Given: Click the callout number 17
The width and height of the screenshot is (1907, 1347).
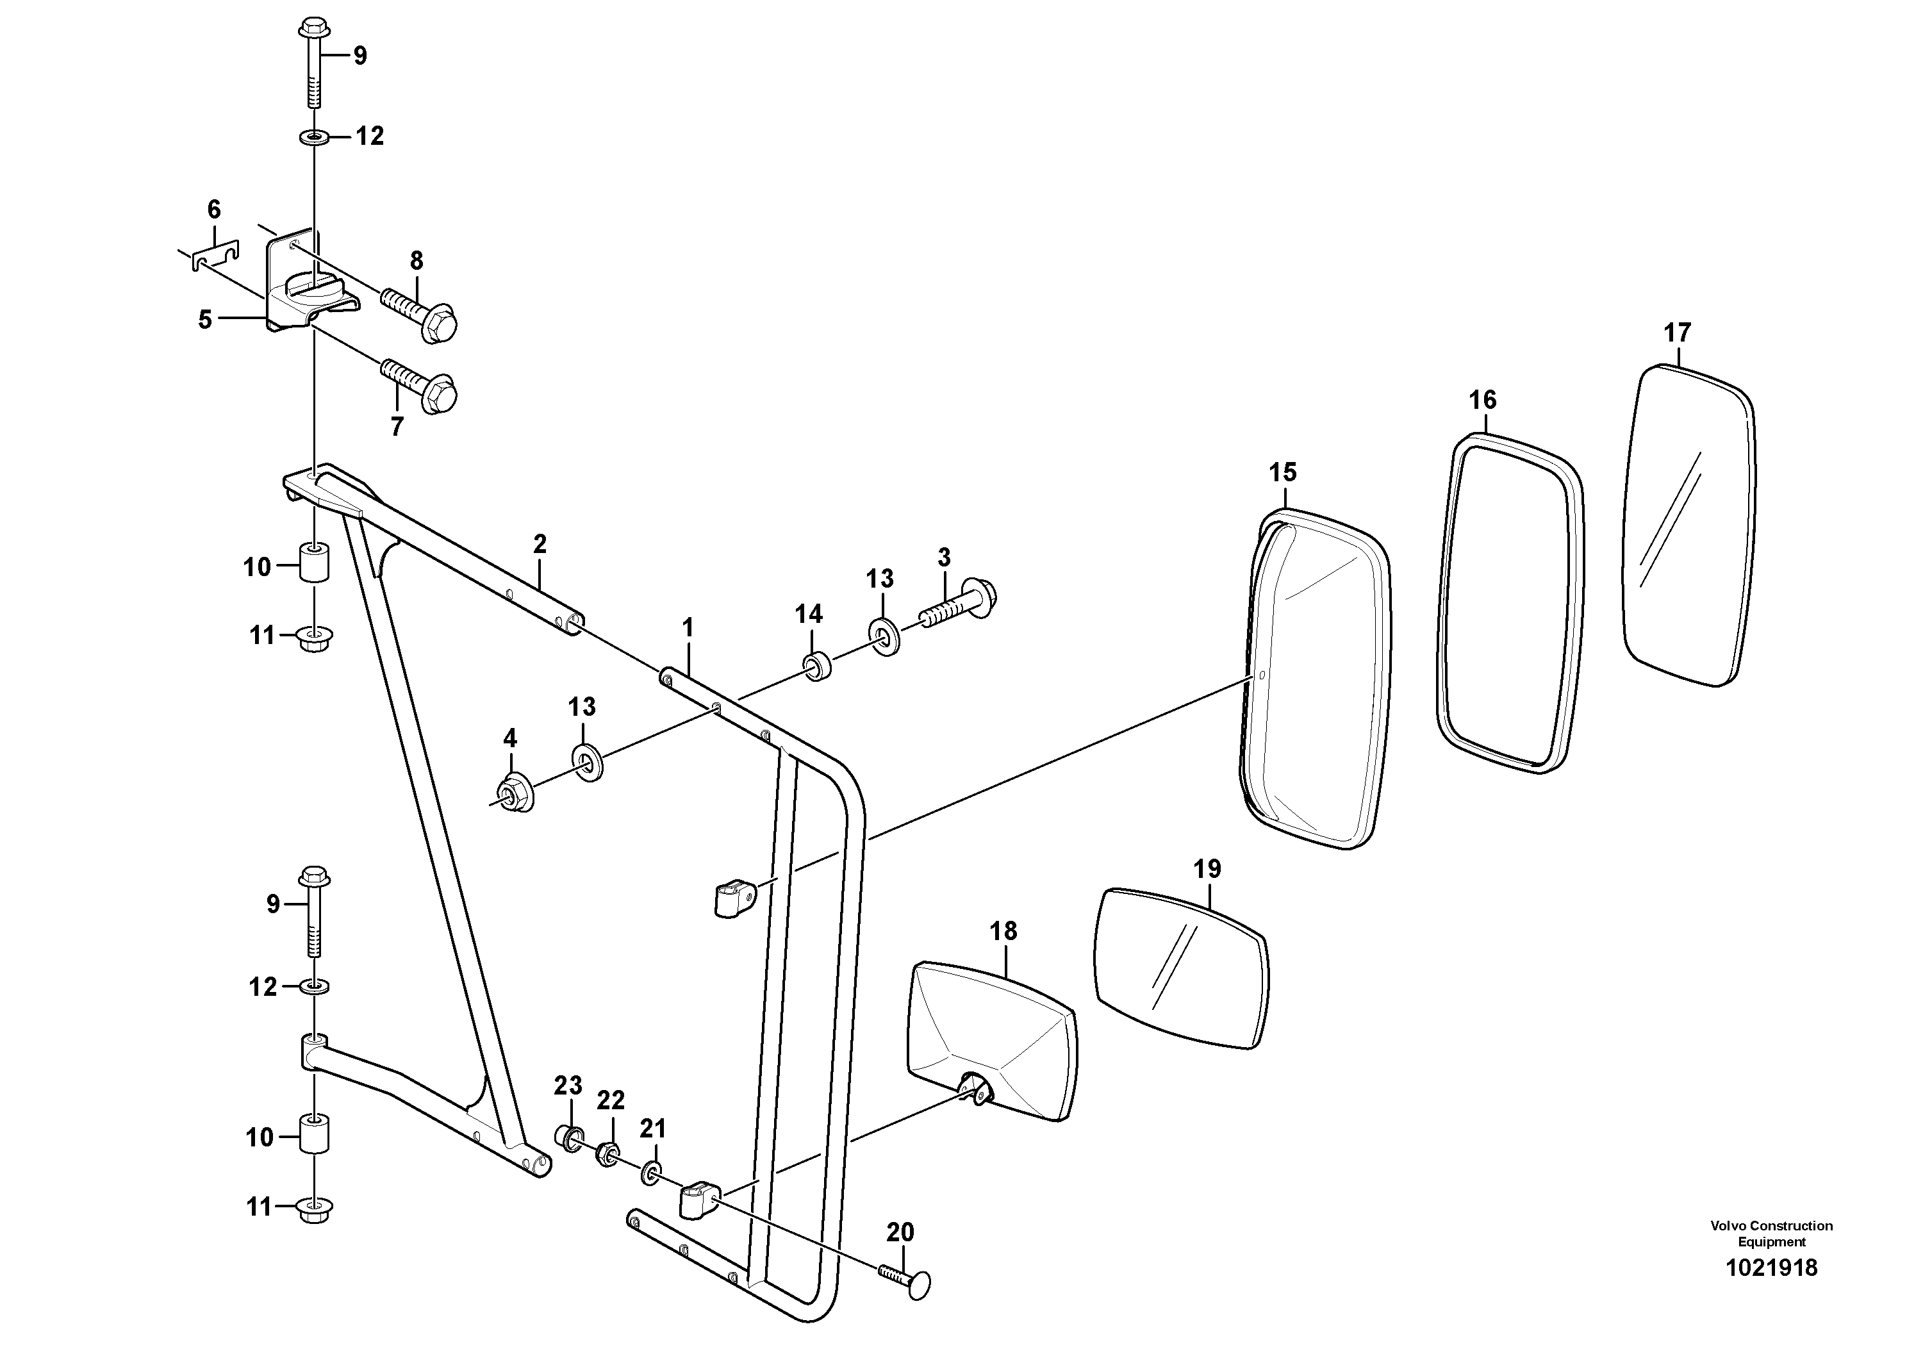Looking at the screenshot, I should [x=1677, y=333].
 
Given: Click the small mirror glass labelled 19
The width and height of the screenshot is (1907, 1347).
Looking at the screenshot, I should [x=1182, y=969].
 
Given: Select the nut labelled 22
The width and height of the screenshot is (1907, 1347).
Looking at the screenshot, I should [x=607, y=1155].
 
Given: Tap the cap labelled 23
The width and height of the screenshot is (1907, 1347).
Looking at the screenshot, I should [x=569, y=1137].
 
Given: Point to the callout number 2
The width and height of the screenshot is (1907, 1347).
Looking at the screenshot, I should [x=540, y=545].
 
